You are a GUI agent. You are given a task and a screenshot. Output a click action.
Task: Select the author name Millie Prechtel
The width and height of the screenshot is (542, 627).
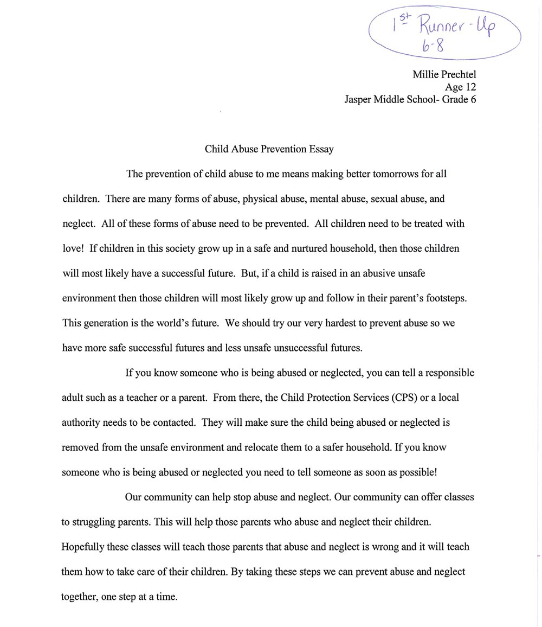click(x=444, y=74)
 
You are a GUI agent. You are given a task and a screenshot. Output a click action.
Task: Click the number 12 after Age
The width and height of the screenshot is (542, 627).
click(x=470, y=87)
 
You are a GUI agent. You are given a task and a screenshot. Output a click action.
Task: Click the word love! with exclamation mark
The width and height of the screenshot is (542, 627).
click(x=73, y=248)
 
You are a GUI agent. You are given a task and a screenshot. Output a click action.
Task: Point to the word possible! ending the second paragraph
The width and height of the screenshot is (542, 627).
click(x=418, y=472)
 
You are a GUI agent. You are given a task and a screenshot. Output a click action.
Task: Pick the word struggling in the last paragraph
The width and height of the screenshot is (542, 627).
click(x=94, y=522)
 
